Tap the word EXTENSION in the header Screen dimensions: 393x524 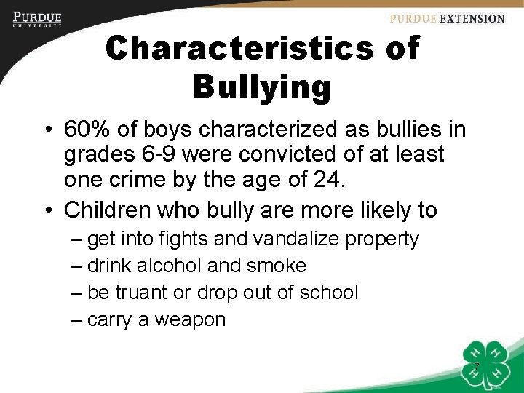tap(470, 19)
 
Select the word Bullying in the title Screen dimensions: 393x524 tap(262, 87)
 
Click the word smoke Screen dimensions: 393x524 tap(276, 266)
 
